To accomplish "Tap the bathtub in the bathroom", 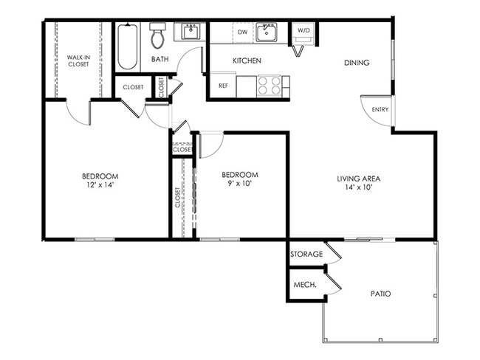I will click(127, 47).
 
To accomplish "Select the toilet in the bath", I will click(157, 36).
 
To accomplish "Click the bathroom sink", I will click(191, 32).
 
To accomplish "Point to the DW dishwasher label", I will click(242, 32).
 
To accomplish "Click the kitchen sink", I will click(267, 32).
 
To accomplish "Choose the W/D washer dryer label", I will click(304, 30).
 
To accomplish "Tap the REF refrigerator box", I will click(222, 86).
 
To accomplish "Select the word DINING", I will click(356, 63).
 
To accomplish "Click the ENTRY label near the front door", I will click(380, 110).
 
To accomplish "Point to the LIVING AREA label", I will click(358, 178).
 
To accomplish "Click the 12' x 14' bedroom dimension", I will click(100, 185).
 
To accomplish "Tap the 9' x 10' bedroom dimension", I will click(241, 184).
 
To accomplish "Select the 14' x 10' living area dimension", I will click(358, 187).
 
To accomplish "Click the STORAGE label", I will click(306, 254).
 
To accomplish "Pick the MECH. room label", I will click(305, 284).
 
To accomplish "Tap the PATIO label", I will click(380, 294).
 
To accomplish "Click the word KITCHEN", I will click(247, 60).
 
